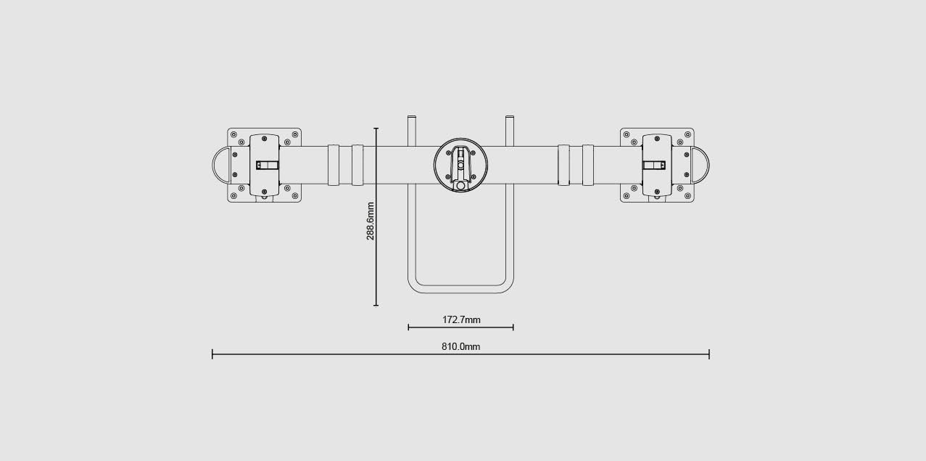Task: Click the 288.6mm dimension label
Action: click(371, 221)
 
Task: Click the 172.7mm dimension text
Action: click(461, 320)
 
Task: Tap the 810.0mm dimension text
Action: click(461, 347)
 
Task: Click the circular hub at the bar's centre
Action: click(460, 165)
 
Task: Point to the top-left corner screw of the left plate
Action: click(233, 134)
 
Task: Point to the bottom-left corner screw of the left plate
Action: click(233, 196)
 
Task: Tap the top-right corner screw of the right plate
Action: click(688, 134)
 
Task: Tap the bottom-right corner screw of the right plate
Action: click(688, 196)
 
